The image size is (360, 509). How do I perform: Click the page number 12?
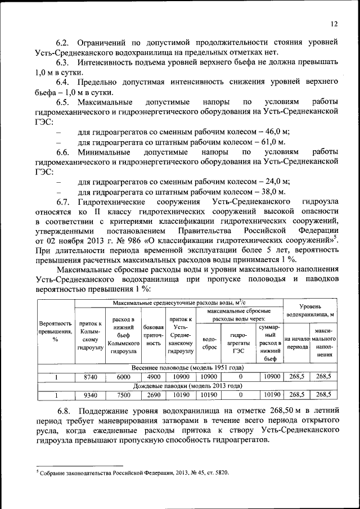coord(334,24)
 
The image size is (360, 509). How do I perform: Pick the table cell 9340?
coord(90,395)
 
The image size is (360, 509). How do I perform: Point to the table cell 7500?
coord(124,395)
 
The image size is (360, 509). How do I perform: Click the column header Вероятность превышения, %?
coord(55,334)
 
